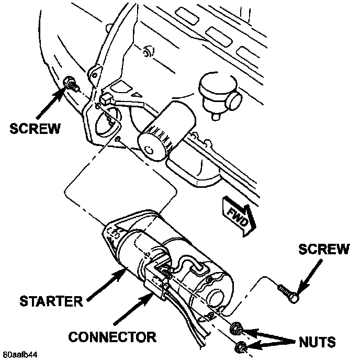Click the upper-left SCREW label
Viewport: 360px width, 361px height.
click(35, 128)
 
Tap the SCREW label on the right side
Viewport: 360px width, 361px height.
click(323, 250)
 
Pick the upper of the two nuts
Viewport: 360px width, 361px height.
click(235, 329)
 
